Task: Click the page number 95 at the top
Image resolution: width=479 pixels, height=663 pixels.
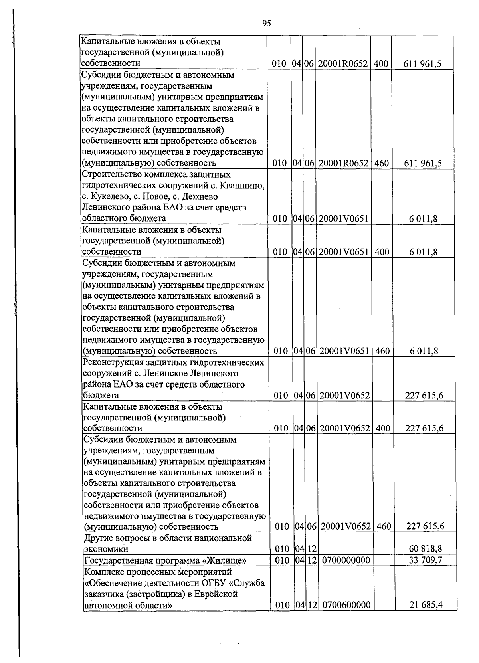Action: [267, 24]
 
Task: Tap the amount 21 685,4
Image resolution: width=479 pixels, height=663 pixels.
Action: [426, 605]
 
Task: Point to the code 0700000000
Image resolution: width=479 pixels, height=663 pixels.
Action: [346, 560]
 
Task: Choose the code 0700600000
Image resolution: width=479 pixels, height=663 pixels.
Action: [346, 605]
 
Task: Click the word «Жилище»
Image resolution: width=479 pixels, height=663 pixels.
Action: [225, 561]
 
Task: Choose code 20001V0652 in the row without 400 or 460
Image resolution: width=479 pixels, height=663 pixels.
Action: [344, 396]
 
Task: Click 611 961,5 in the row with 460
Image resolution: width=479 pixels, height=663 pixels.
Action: [422, 163]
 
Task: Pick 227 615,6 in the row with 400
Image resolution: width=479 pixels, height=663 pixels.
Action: [424, 428]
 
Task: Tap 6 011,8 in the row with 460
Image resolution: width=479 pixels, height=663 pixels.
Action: [424, 351]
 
